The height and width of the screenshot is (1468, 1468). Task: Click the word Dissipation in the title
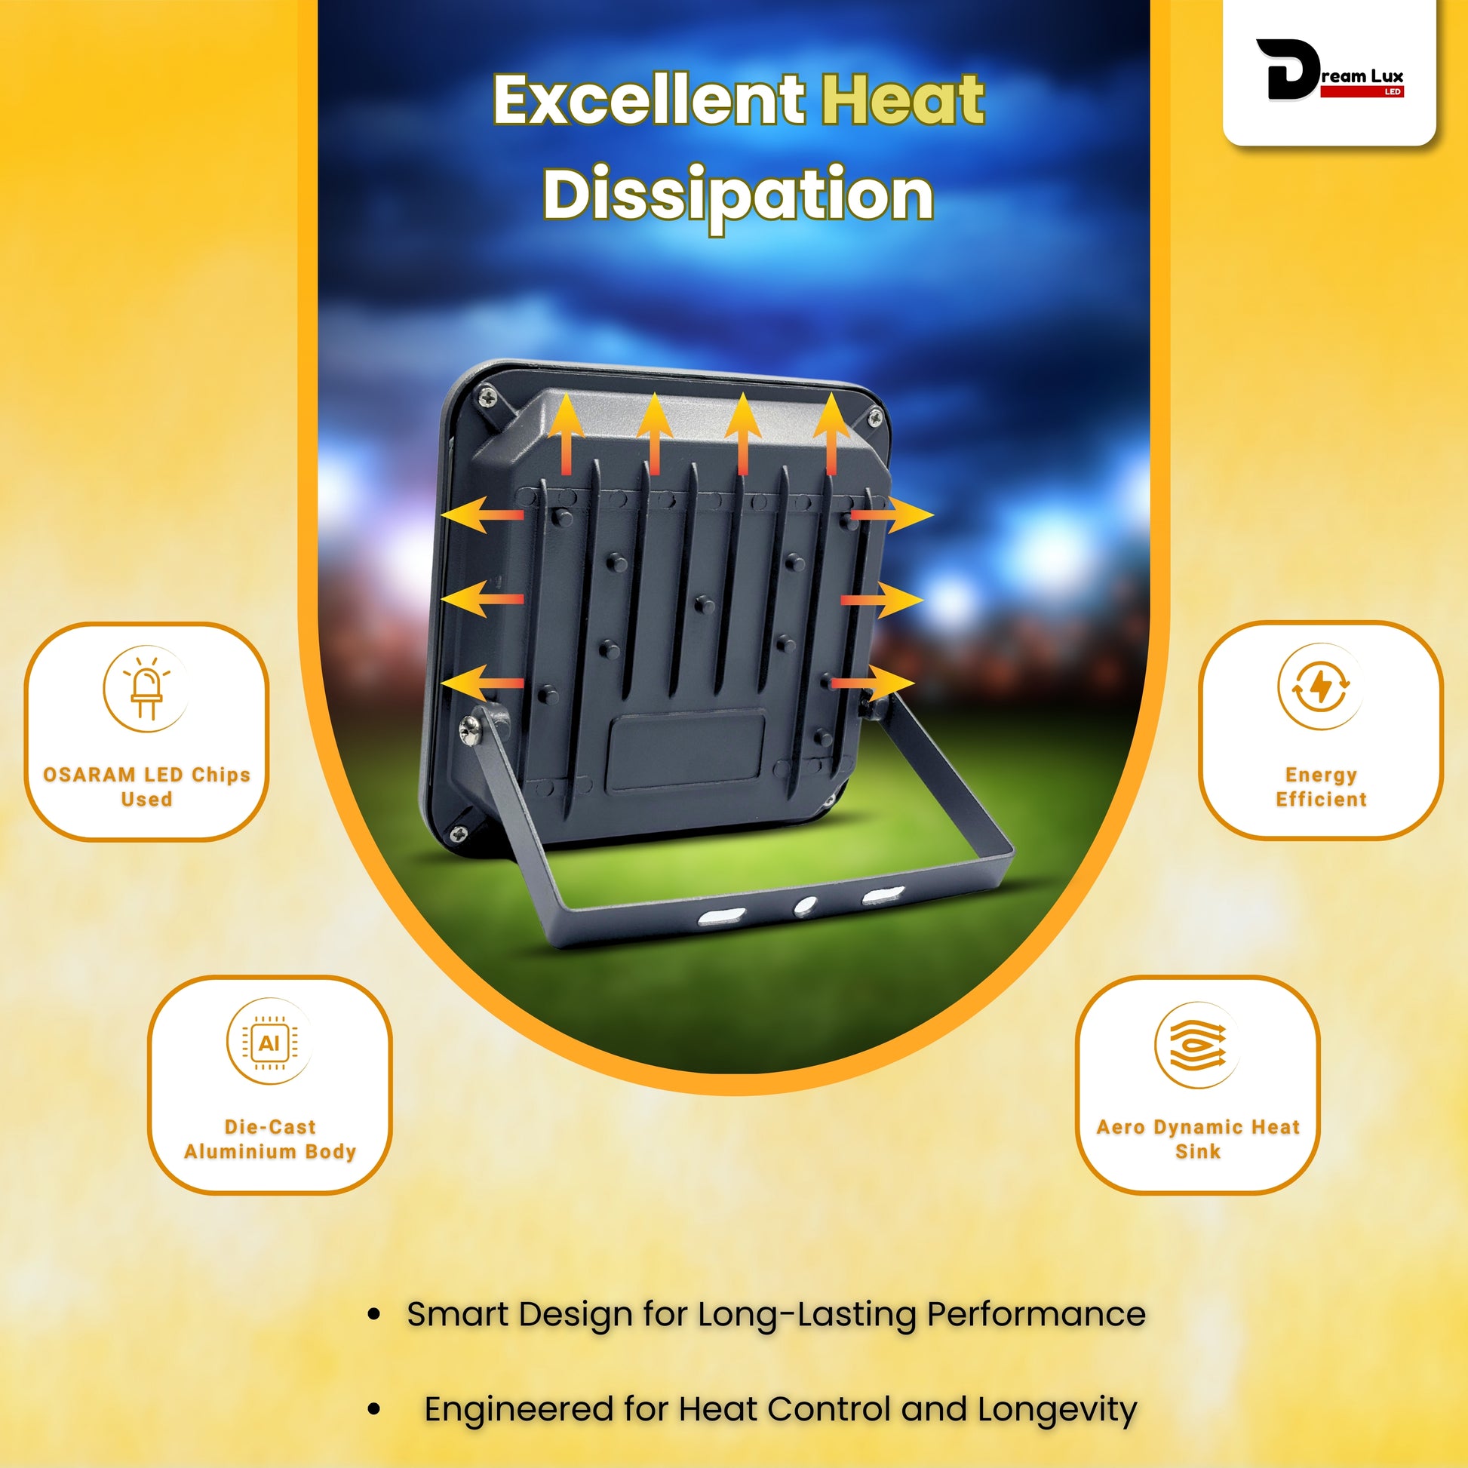coord(738,195)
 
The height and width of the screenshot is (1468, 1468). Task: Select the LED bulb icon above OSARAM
coord(146,689)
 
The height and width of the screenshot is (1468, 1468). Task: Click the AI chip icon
coord(270,1043)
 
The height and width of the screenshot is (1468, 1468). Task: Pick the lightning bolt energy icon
coord(1322,687)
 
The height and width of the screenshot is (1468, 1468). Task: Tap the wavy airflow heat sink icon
coord(1197,1046)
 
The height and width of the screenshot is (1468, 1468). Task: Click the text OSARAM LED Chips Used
coord(146,786)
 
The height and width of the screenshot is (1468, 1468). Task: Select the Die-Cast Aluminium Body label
coord(271,1138)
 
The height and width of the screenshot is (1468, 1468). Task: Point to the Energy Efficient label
coord(1322,786)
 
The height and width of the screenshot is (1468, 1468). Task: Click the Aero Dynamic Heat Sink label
coord(1198,1138)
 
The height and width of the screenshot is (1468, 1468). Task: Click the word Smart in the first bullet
coord(457,1314)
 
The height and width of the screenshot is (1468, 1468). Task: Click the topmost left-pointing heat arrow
coord(482,514)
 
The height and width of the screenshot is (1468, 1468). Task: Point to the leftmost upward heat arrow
coord(565,435)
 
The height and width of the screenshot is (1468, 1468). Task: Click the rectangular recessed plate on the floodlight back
coord(688,751)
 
